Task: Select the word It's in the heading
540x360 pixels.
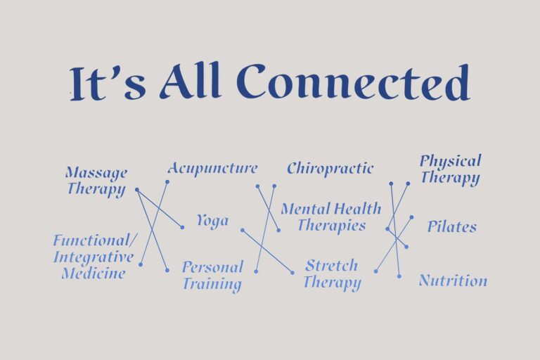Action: click(109, 84)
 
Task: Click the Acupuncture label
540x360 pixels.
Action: click(212, 169)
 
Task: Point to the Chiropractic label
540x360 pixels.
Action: click(330, 169)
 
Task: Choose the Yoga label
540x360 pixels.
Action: click(212, 221)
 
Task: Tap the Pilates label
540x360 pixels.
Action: click(451, 226)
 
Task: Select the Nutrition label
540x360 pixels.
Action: click(453, 281)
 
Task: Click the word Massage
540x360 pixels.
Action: click(96, 172)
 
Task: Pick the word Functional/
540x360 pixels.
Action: click(91, 240)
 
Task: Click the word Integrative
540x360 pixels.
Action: click(94, 257)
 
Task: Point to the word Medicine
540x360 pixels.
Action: click(94, 273)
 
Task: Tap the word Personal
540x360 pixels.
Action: click(212, 267)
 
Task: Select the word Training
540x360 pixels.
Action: click(212, 284)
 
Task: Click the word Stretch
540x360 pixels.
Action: click(331, 266)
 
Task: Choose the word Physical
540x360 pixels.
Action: click(450, 161)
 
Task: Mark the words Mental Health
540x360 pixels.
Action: click(330, 209)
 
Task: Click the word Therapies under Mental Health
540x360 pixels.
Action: click(331, 226)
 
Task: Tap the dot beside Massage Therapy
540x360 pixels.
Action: click(136, 190)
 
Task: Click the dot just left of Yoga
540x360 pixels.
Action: click(182, 227)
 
